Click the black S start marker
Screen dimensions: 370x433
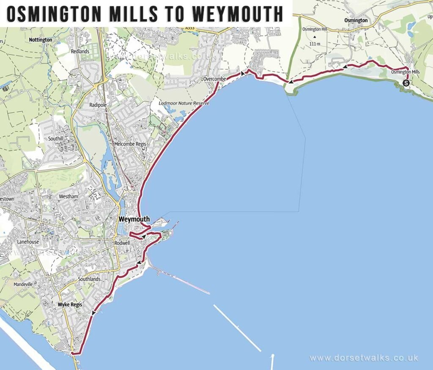pos(406,83)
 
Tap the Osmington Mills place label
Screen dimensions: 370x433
pos(401,72)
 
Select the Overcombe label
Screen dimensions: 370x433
pos(215,79)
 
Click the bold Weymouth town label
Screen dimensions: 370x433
pos(134,219)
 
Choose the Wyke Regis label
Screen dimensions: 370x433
pos(70,304)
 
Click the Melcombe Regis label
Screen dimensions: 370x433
pos(130,144)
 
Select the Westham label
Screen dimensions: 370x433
pos(69,197)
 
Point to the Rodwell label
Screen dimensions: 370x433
pos(122,243)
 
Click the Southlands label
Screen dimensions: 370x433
pos(89,279)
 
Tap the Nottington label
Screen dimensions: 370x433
pos(41,40)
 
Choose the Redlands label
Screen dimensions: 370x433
pos(80,51)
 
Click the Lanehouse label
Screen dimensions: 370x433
pos(28,242)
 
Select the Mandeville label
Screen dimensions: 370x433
pos(23,284)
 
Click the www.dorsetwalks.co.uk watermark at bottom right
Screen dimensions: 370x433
pos(364,358)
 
